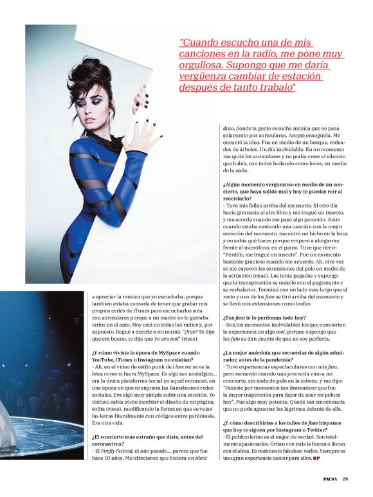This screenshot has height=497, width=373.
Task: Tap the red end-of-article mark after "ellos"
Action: pos(317,458)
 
